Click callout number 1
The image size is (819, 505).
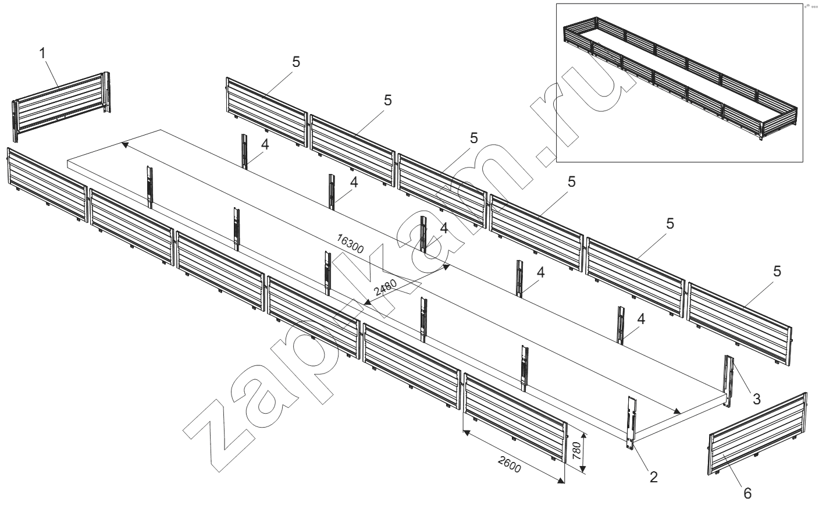pyautogui.click(x=42, y=54)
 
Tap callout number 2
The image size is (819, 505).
pyautogui.click(x=654, y=477)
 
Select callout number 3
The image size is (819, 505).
pyautogui.click(x=757, y=399)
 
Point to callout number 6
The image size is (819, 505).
pyautogui.click(x=747, y=494)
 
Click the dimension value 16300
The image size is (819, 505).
pyautogui.click(x=350, y=244)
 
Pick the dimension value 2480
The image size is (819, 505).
pyautogui.click(x=386, y=288)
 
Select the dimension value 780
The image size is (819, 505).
pyautogui.click(x=576, y=451)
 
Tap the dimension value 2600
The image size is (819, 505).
pyautogui.click(x=510, y=465)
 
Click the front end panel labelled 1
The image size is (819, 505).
pyautogui.click(x=62, y=106)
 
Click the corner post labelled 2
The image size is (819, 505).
pyautogui.click(x=632, y=423)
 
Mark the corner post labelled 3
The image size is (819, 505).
pyautogui.click(x=729, y=381)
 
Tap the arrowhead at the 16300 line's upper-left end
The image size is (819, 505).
pyautogui.click(x=124, y=145)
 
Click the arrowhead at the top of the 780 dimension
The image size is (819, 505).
pyautogui.click(x=583, y=436)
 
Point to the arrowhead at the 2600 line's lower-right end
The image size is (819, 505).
pyautogui.click(x=561, y=481)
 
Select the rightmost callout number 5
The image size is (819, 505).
pyautogui.click(x=777, y=271)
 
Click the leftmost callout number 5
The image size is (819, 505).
pyautogui.click(x=296, y=62)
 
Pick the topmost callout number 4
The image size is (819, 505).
pyautogui.click(x=265, y=144)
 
